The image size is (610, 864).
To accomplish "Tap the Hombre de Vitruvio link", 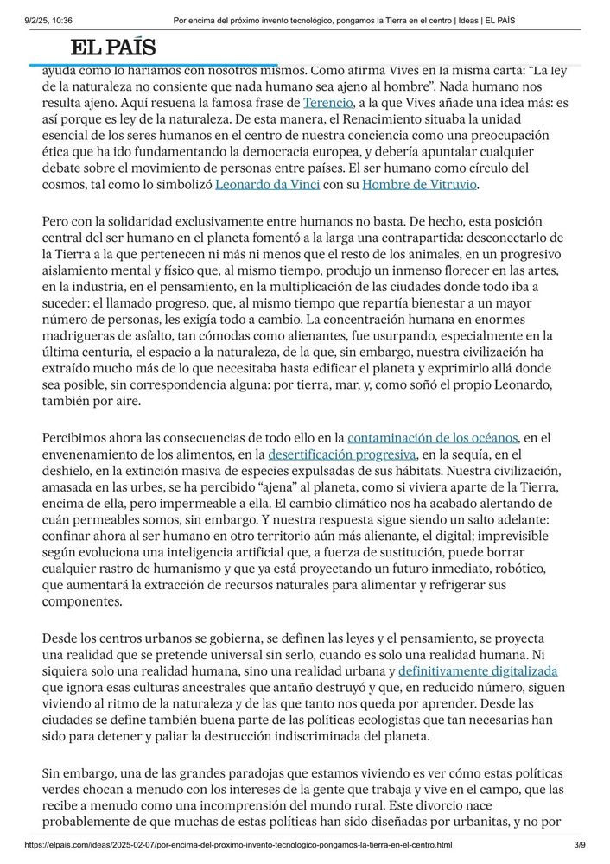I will (x=419, y=184).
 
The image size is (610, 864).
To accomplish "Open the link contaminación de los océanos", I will (x=432, y=438).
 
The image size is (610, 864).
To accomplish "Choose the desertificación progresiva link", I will (x=343, y=454).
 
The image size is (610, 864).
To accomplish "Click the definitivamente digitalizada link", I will (x=478, y=670).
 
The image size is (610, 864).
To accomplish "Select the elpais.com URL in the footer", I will (x=238, y=844).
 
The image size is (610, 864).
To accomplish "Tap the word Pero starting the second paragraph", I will (x=57, y=222).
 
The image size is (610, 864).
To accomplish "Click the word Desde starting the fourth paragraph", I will (x=61, y=638).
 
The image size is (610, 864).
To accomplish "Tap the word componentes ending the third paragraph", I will (x=82, y=602).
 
